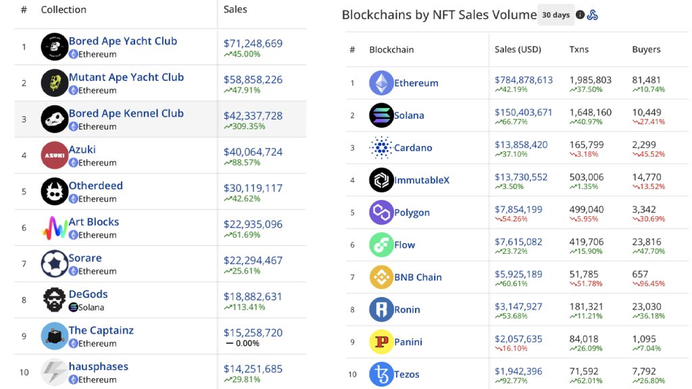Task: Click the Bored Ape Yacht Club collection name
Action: click(122, 41)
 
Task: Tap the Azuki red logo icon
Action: click(54, 155)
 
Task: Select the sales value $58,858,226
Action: click(253, 80)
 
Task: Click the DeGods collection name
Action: click(88, 294)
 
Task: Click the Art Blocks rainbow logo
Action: click(54, 228)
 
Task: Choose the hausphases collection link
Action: click(98, 367)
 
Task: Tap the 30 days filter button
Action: click(555, 15)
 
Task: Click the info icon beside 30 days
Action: click(580, 15)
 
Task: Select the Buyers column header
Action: click(646, 49)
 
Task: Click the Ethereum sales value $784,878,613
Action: click(523, 80)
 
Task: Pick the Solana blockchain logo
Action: click(381, 115)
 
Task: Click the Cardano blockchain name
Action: click(413, 148)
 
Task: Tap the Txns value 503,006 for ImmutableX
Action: click(586, 177)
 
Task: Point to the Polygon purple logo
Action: click(381, 213)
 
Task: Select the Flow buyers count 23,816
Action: click(646, 242)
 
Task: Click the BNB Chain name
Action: click(418, 278)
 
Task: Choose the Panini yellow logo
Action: click(381, 342)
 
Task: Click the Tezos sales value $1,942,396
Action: click(518, 371)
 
